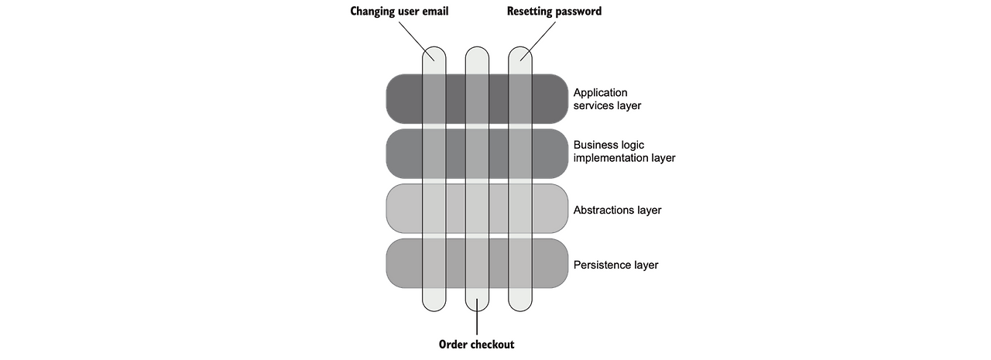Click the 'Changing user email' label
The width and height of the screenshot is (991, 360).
pos(399,11)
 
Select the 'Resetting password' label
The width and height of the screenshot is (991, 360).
pos(554,11)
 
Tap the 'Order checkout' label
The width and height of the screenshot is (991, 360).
pos(476,345)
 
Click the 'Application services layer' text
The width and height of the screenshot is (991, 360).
pos(607,99)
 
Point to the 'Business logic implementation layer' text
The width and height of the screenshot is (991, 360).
pos(624,151)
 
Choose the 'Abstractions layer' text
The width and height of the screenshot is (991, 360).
pos(617,210)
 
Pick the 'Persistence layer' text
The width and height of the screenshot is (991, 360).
pos(616,265)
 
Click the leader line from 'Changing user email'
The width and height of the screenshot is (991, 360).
pos(417,41)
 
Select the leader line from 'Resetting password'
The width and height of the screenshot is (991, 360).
pos(538,41)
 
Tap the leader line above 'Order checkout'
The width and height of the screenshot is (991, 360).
pos(477,317)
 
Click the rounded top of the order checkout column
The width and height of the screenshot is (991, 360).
pos(477,47)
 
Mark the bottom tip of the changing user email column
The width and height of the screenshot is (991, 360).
pos(434,311)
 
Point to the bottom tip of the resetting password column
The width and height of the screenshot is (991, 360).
pos(520,311)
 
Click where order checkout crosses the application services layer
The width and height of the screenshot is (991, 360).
pos(477,99)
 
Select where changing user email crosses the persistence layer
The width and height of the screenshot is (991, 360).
pos(434,263)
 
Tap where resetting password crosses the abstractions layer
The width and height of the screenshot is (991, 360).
pos(520,209)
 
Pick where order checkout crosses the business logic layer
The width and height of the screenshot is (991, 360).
pos(477,154)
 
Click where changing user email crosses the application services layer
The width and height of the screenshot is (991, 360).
pos(434,99)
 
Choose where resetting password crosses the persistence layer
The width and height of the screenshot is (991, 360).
pos(520,263)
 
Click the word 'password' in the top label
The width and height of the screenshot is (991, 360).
pos(578,12)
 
